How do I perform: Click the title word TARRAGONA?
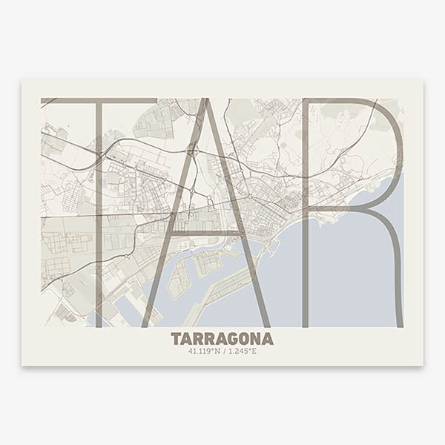(x=222, y=339)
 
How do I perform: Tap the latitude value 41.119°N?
(x=205, y=351)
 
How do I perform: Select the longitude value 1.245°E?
(x=240, y=351)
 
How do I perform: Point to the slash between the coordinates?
(x=222, y=351)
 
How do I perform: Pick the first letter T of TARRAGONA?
(x=176, y=339)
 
